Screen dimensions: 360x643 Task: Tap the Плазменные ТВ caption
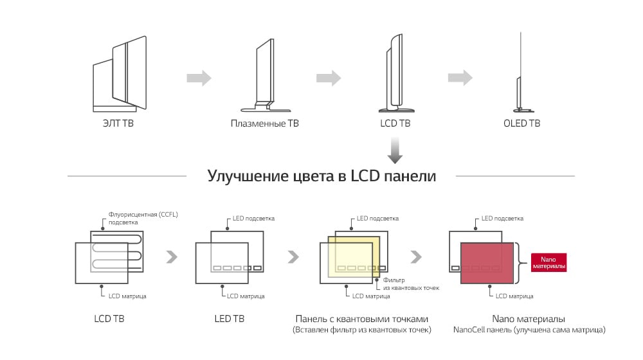pos(264,123)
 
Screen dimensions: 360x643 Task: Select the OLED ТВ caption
pos(521,123)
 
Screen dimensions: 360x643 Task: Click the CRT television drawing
pos(119,75)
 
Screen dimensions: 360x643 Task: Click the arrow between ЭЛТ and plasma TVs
pos(199,78)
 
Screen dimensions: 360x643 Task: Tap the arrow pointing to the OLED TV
pos(460,77)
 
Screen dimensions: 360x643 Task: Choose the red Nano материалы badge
pos(548,262)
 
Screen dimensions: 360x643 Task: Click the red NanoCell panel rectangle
pos(487,262)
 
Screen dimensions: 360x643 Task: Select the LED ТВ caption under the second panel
pos(229,318)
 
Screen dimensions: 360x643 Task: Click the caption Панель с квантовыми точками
pos(361,319)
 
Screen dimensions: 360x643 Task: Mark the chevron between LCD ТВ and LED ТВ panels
pos(172,257)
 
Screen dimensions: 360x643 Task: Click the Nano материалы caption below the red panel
pos(529,319)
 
